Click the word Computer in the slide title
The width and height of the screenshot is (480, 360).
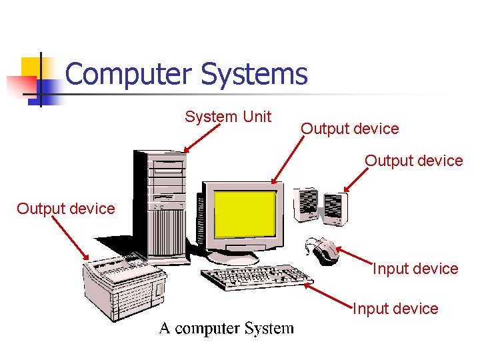click(x=129, y=74)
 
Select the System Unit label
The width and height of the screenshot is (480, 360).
click(x=228, y=117)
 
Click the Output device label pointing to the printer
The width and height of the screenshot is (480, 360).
click(x=66, y=209)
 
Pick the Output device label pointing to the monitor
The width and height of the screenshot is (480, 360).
click(x=350, y=129)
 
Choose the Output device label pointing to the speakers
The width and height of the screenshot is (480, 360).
click(x=413, y=161)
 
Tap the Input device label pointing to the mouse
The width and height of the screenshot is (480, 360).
click(x=415, y=269)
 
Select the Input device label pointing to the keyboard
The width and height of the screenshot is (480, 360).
click(x=395, y=309)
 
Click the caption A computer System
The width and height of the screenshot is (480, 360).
click(x=226, y=328)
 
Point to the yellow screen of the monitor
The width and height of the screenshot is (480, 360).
click(x=245, y=214)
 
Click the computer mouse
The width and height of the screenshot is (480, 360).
click(x=325, y=250)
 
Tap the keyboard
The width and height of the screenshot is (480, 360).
click(x=257, y=277)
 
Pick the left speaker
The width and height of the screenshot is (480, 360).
click(x=307, y=203)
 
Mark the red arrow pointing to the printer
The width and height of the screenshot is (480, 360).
click(x=70, y=237)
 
